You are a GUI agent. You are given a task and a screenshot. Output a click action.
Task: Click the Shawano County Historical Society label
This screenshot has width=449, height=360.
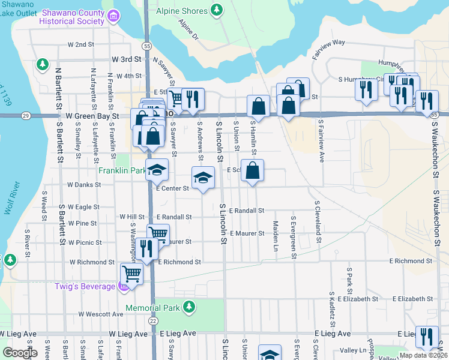(72, 17)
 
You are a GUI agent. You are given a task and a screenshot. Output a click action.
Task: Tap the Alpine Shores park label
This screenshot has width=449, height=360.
(182, 10)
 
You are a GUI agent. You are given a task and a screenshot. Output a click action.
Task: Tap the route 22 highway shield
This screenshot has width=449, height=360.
(154, 322)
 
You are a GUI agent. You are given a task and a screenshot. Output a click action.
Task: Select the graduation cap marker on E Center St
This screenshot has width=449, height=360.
(203, 178)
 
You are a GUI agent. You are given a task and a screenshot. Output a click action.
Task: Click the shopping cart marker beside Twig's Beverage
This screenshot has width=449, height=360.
(131, 275)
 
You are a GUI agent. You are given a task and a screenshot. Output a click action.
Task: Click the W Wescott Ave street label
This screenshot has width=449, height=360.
(100, 314)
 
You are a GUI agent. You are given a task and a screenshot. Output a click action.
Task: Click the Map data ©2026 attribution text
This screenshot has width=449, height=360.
(423, 355)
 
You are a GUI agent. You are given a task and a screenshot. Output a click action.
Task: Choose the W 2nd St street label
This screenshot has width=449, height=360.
(81, 44)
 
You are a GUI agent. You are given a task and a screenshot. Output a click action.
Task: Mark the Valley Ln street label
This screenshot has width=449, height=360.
(354, 350)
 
